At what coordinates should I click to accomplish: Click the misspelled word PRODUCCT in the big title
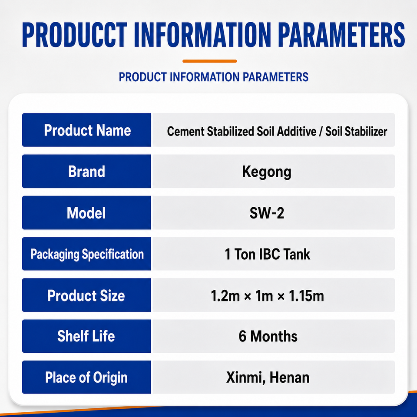click(x=75, y=35)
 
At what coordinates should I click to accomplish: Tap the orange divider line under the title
click(x=209, y=61)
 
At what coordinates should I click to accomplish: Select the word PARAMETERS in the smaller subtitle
click(x=275, y=77)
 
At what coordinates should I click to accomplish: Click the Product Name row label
click(x=87, y=130)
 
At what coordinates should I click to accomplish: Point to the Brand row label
click(x=87, y=172)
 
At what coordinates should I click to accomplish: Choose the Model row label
click(x=86, y=213)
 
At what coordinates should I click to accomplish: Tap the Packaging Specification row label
click(x=87, y=254)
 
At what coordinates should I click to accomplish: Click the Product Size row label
click(x=86, y=295)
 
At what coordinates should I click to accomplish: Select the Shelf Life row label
click(x=86, y=336)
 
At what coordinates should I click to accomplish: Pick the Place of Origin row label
click(x=86, y=377)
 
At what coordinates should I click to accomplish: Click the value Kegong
click(x=267, y=172)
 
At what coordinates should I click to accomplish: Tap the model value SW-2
click(x=267, y=213)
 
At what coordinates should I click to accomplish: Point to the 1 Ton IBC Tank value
click(x=268, y=254)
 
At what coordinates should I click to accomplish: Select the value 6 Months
click(x=268, y=336)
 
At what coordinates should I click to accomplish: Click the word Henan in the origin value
click(x=290, y=377)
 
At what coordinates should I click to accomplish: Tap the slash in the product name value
click(x=321, y=131)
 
